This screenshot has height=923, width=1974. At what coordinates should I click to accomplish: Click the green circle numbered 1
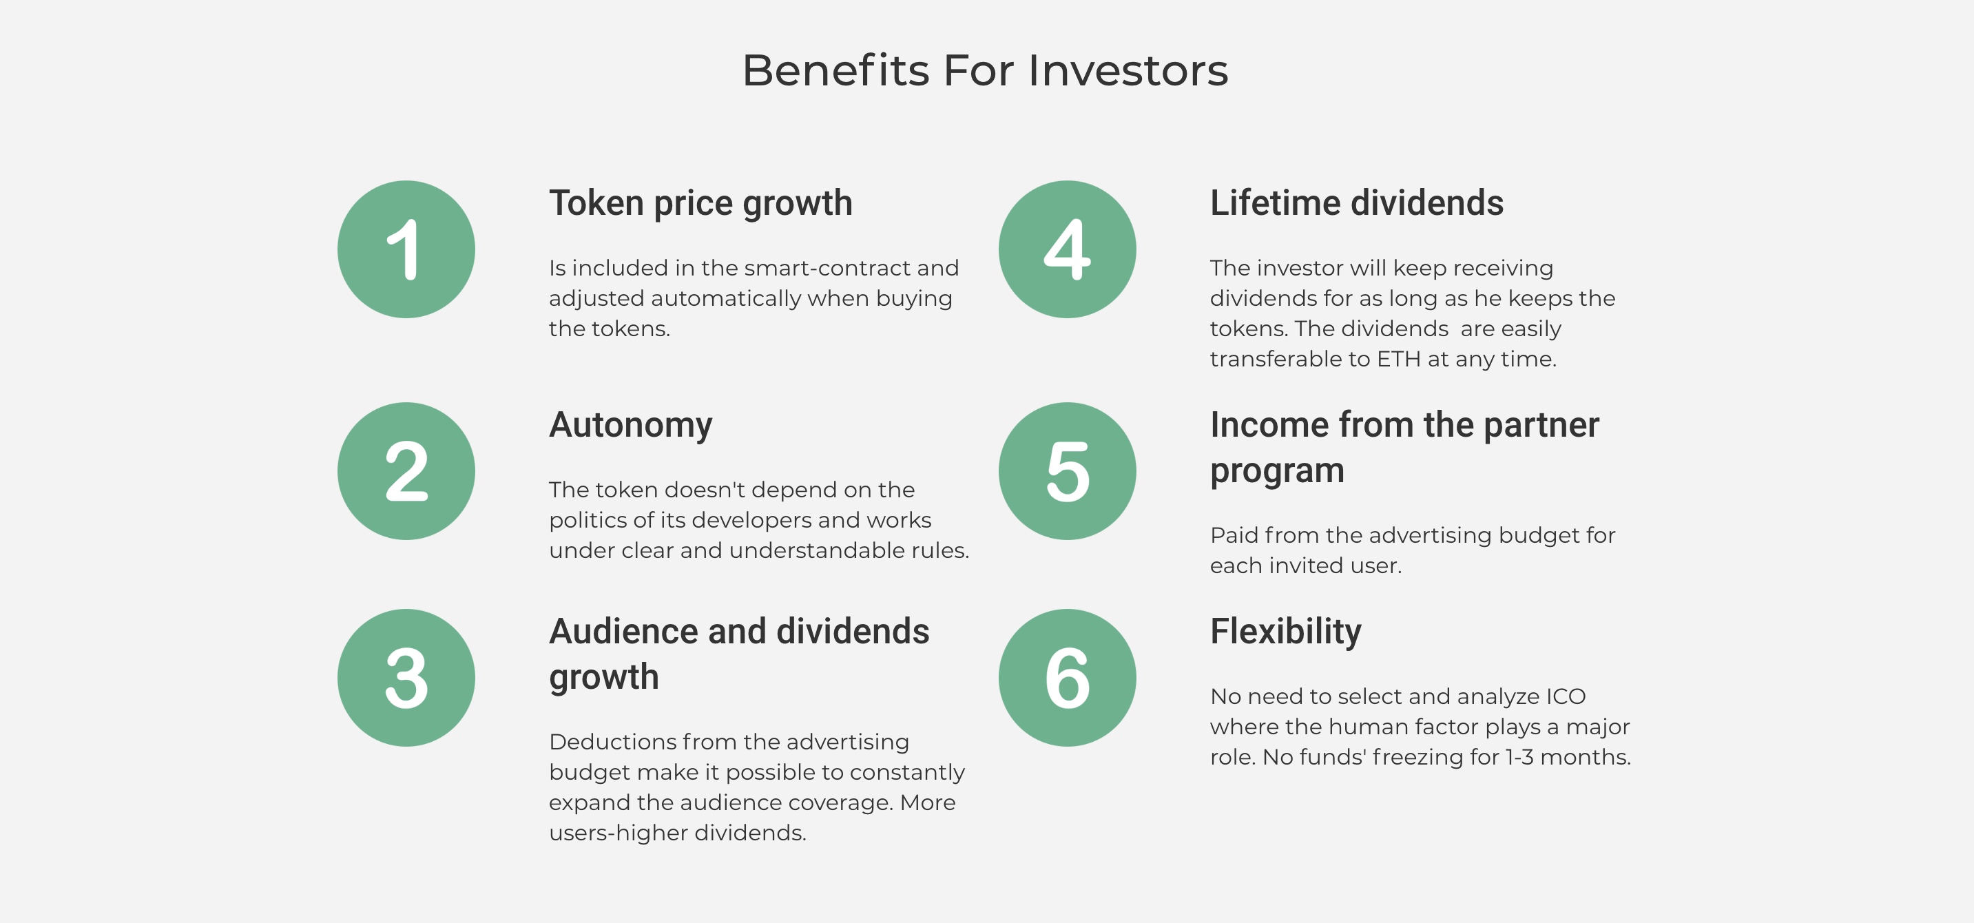click(x=406, y=249)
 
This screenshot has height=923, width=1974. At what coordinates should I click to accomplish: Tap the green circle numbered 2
click(x=406, y=470)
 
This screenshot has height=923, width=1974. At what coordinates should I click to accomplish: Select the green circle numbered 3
click(x=406, y=678)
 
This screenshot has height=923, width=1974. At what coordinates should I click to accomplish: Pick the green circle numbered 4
click(x=1068, y=249)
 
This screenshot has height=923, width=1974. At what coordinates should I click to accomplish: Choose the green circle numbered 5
click(x=1068, y=470)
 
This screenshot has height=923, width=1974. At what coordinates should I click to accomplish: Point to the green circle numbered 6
click(x=1068, y=678)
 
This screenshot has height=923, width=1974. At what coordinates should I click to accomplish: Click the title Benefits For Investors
click(x=986, y=70)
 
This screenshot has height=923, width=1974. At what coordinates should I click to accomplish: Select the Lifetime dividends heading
click(x=1356, y=203)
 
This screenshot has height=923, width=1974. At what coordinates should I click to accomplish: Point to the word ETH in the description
click(x=1398, y=359)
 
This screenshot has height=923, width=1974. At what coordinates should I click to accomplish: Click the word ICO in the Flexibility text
click(x=1566, y=696)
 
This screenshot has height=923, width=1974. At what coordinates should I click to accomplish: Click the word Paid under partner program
click(x=1234, y=535)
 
